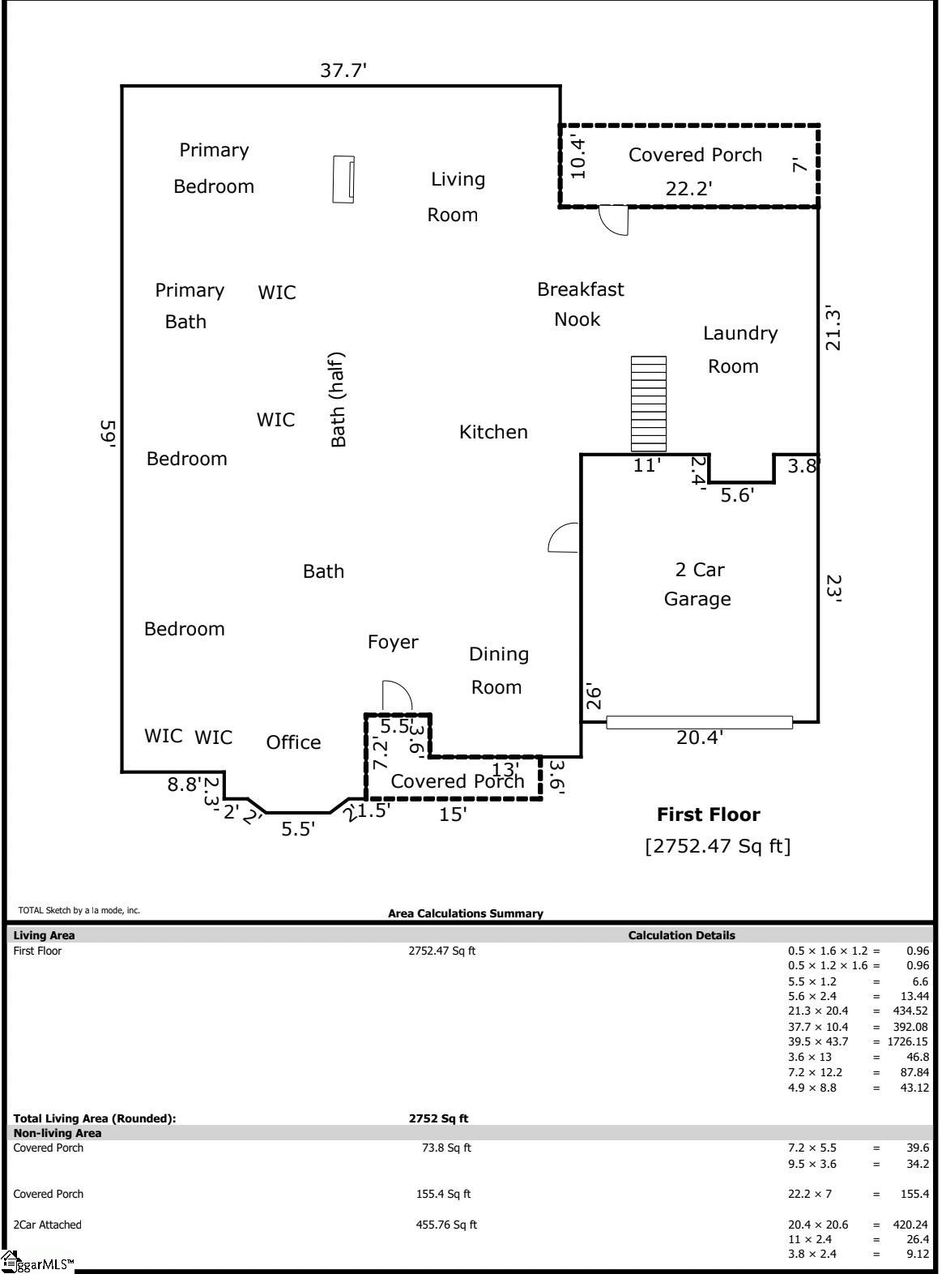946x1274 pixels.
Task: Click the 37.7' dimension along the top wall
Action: (x=343, y=71)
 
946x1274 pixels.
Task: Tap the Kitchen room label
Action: (x=493, y=432)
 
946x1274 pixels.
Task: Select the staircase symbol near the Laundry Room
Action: (x=649, y=404)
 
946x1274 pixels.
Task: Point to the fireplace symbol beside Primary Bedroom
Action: (x=343, y=179)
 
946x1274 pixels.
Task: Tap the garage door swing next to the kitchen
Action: (x=564, y=538)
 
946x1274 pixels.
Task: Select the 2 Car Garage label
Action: (x=698, y=584)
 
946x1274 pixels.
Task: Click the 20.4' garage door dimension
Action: (x=699, y=737)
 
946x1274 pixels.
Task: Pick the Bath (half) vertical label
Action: (x=338, y=400)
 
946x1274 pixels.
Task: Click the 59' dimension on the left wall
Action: (x=109, y=432)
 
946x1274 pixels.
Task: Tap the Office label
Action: (x=293, y=742)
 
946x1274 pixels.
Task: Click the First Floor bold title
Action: (x=708, y=814)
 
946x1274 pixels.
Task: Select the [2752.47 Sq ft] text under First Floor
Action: (x=718, y=846)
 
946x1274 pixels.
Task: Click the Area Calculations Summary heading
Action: (x=465, y=913)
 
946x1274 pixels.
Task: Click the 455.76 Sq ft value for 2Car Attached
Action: (x=446, y=1225)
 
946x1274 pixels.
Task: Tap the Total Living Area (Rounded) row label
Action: (x=94, y=1118)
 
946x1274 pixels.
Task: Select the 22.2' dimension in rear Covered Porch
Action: (x=688, y=189)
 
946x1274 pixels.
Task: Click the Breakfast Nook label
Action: (x=580, y=304)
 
